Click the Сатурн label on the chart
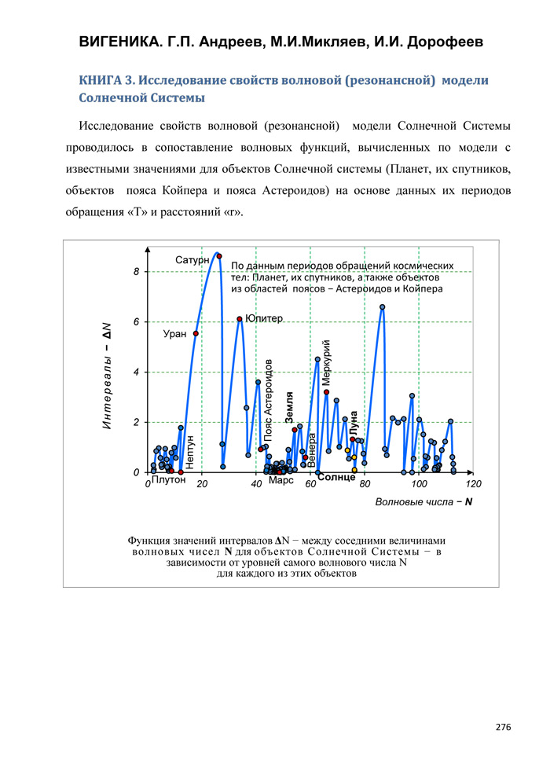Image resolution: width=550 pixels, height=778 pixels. pyautogui.click(x=192, y=259)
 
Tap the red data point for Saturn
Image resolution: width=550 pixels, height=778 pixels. pyautogui.click(x=219, y=256)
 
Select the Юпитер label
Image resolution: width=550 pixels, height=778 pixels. pyautogui.click(x=264, y=318)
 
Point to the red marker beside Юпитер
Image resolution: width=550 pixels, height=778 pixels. pyautogui.click(x=240, y=319)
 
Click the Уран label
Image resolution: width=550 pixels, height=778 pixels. pyautogui.click(x=174, y=334)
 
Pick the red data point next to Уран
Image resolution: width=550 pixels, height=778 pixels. pyautogui.click(x=196, y=333)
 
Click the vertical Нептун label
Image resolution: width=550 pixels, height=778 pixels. pyautogui.click(x=190, y=452)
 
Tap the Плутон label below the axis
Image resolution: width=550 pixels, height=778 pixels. pyautogui.click(x=167, y=479)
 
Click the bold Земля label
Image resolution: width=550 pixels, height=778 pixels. pyautogui.click(x=290, y=409)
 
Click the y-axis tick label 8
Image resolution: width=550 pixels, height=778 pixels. pyautogui.click(x=136, y=272)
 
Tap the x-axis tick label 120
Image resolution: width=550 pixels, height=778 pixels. pyautogui.click(x=473, y=485)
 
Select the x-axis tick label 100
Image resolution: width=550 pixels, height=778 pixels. pyautogui.click(x=419, y=485)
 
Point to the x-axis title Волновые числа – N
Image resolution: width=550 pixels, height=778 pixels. pyautogui.click(x=423, y=501)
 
